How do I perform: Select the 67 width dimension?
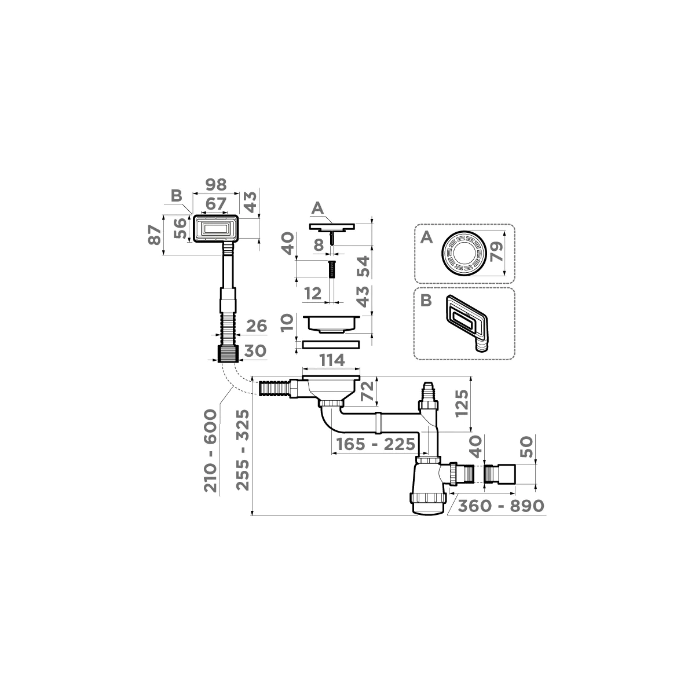pos(215,204)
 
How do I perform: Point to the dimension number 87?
pos(155,235)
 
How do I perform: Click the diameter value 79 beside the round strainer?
pos(495,253)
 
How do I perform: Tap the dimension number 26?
pos(255,326)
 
